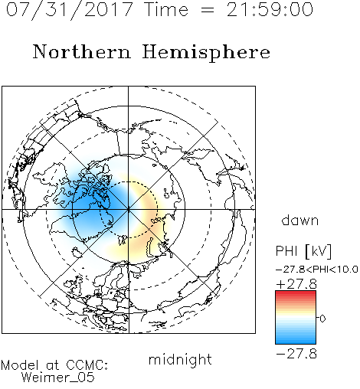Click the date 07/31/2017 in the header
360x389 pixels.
70,10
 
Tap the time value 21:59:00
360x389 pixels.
270,10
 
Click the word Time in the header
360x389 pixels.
166,10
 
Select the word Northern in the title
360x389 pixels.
82,51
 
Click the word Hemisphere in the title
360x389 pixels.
206,53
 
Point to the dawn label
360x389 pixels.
300,220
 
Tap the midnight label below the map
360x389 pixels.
180,359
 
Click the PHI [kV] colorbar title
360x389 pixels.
303,251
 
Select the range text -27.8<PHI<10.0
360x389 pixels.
317,270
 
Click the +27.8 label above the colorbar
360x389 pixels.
296,284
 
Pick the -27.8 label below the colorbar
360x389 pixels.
296,354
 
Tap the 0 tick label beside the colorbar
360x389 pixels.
322,319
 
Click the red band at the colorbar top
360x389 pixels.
296,293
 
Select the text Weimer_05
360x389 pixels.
58,378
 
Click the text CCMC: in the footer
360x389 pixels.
87,365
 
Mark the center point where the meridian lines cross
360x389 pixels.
129,210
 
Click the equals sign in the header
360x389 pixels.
208,11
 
